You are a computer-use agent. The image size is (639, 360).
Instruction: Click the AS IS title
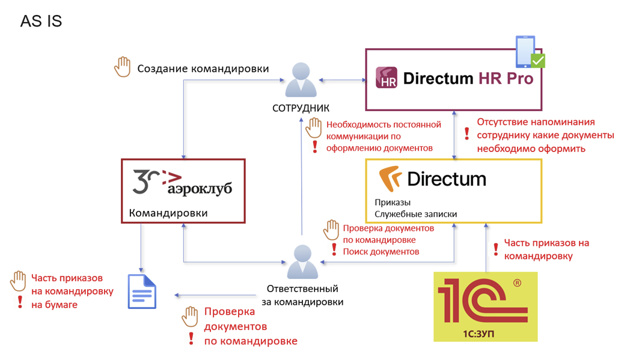41,22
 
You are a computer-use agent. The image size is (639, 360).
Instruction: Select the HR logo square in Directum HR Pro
386,78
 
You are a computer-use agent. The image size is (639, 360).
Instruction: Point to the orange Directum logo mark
390,178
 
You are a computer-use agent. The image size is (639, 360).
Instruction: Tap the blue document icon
142,291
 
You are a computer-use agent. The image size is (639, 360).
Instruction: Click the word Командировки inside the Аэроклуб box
168,213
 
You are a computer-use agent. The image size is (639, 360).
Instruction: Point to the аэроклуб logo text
199,188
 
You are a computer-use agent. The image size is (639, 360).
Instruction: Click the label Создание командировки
203,69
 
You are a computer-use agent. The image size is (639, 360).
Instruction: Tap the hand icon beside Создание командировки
123,67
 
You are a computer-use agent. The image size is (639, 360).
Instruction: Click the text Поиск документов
381,251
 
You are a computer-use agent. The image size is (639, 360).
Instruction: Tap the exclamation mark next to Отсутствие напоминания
466,133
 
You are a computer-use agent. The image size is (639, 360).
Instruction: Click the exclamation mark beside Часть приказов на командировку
496,249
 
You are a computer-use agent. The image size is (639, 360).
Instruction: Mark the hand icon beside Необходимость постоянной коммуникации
314,127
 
